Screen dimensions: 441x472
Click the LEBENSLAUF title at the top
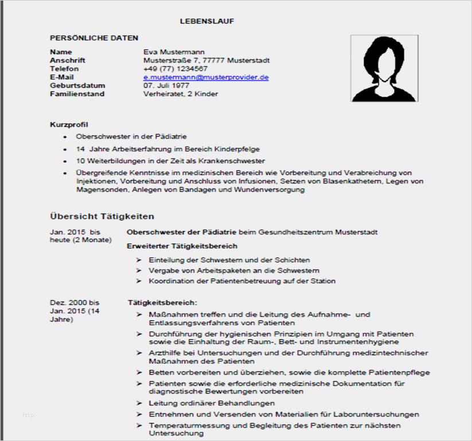(x=207, y=21)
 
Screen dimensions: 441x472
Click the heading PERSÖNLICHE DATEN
(x=94, y=38)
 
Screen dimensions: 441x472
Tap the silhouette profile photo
(x=384, y=68)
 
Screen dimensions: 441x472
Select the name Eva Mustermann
(x=174, y=52)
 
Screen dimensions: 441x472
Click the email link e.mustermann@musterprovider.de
(x=206, y=77)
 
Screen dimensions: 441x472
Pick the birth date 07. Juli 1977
(x=166, y=85)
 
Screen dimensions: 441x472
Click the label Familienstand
(x=77, y=94)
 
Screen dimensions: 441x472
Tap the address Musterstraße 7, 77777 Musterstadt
(x=206, y=60)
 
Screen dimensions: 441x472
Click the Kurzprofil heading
(x=69, y=124)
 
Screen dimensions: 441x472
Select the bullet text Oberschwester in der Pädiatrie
(x=131, y=137)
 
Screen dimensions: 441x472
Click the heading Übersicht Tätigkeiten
(x=102, y=216)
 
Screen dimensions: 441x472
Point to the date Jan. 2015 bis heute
(x=75, y=235)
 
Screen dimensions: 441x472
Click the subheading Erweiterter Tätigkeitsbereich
(x=182, y=246)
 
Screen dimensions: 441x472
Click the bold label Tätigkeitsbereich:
(x=162, y=302)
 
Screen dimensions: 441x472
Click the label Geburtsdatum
(x=77, y=85)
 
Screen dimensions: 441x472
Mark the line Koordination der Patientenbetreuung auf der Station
(x=242, y=281)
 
